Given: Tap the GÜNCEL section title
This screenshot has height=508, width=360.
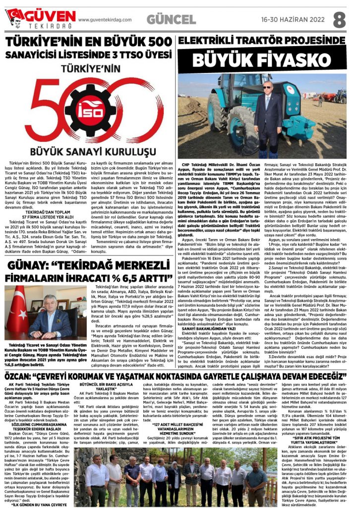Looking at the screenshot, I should (x=171, y=20).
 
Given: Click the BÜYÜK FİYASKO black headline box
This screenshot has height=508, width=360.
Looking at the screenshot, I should (x=261, y=60).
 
